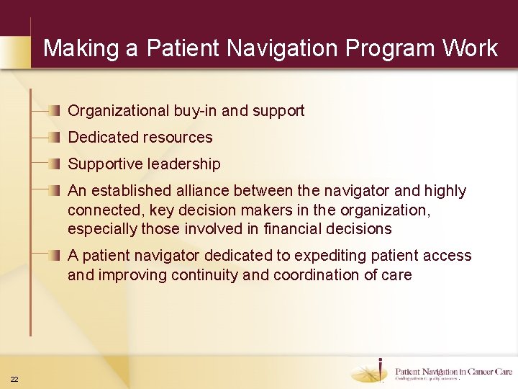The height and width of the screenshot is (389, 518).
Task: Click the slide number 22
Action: coord(14,380)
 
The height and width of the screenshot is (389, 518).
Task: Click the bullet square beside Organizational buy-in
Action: coord(55,111)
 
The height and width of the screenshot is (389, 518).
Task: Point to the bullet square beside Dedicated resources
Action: coord(55,138)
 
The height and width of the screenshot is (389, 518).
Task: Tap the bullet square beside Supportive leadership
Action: coord(55,164)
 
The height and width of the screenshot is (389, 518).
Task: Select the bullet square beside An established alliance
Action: coord(55,191)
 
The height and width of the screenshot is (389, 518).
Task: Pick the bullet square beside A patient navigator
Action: coord(55,256)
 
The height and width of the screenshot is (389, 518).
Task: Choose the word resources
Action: coord(178,138)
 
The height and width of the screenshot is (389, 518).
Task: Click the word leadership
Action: coord(184,164)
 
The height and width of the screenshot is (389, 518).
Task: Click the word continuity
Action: coord(240,274)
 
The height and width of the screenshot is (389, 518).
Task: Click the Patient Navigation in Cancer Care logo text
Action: coord(453,372)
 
